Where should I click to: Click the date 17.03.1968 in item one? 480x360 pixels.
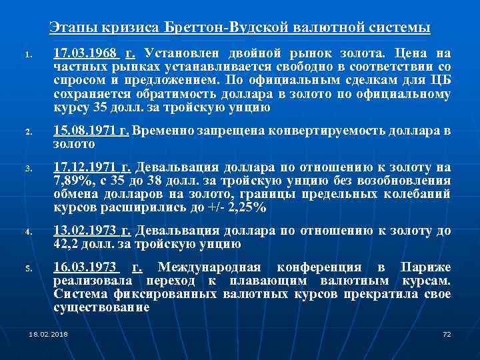point(86,53)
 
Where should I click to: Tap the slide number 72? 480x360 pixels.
point(447,333)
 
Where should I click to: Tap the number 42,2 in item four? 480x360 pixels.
point(66,243)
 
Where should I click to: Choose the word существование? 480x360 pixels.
point(101,308)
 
